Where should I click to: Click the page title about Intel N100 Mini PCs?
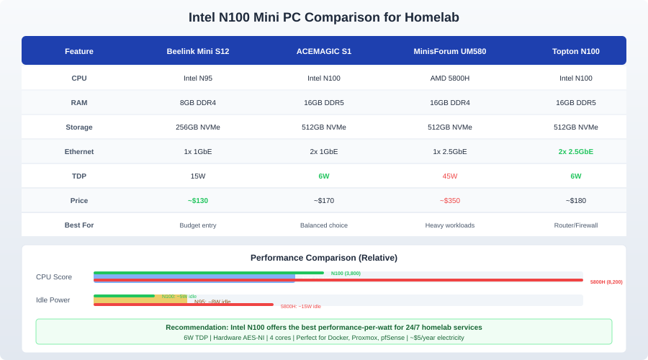pyautogui.click(x=323, y=17)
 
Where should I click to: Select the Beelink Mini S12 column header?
pyautogui.click(x=198, y=51)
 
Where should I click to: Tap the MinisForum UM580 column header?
pyautogui.click(x=450, y=51)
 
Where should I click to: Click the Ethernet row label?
pyautogui.click(x=79, y=152)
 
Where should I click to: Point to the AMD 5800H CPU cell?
pyautogui.click(x=450, y=78)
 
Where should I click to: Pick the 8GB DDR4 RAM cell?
pyautogui.click(x=198, y=103)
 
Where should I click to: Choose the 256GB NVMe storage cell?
pyautogui.click(x=198, y=127)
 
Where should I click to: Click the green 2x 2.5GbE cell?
pyautogui.click(x=576, y=152)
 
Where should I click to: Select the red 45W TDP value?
pyautogui.click(x=450, y=176)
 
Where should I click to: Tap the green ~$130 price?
pyautogui.click(x=198, y=201)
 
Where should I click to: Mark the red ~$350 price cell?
pyautogui.click(x=450, y=201)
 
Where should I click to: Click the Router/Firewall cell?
pyautogui.click(x=576, y=225)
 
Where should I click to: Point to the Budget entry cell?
pyautogui.click(x=198, y=225)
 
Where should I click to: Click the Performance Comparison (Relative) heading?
pyautogui.click(x=324, y=258)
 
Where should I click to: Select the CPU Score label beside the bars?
pyautogui.click(x=54, y=277)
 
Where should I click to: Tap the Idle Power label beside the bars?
pyautogui.click(x=53, y=300)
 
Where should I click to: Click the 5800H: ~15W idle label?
pyautogui.click(x=301, y=307)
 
